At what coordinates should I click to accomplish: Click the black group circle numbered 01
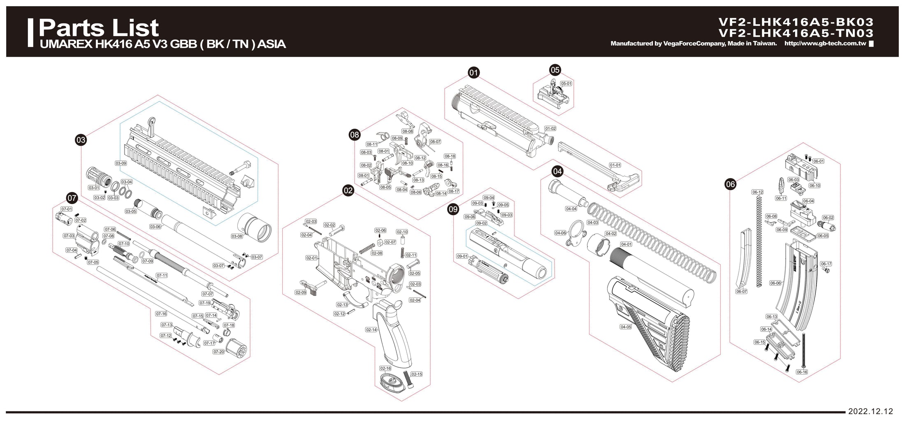coord(474,73)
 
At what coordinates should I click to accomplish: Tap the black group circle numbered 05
coord(555,70)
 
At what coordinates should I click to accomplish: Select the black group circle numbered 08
coord(354,134)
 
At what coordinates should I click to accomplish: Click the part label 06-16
coord(802,372)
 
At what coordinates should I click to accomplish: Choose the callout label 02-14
coord(371,330)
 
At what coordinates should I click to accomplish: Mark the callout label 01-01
coord(615,165)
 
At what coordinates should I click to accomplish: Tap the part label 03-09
coord(121,163)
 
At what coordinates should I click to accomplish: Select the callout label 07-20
coord(218,352)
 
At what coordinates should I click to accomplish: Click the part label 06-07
coord(741,292)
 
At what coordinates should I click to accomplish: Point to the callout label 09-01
coord(462,256)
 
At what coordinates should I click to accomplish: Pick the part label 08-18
coord(450,156)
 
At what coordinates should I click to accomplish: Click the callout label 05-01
coord(566,83)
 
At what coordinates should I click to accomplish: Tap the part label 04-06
coord(560,233)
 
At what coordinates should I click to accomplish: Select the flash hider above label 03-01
coord(99,177)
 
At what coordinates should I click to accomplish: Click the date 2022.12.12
coord(870,411)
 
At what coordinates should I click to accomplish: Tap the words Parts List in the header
coord(99,28)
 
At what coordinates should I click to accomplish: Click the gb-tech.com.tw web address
coord(825,44)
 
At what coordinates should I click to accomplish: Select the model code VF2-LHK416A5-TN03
coord(796,33)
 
